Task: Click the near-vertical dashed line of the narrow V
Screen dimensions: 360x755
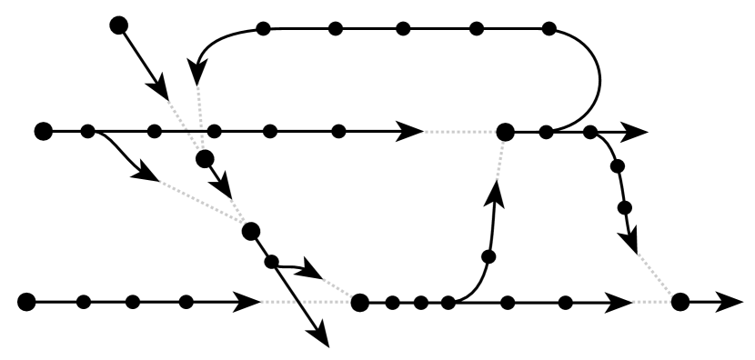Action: point(200,115)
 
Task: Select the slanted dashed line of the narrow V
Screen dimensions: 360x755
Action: point(182,124)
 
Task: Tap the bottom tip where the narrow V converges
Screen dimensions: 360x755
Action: point(201,150)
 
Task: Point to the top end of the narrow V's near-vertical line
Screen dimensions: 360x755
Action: point(198,83)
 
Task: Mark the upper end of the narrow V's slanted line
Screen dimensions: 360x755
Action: point(165,98)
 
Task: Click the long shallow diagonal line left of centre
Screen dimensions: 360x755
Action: point(201,201)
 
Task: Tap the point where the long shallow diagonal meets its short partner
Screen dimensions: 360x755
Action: point(246,223)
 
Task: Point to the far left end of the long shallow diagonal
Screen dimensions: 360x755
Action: point(158,181)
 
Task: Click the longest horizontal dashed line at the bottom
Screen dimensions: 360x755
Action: point(305,301)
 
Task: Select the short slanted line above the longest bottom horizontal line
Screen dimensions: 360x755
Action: point(336,287)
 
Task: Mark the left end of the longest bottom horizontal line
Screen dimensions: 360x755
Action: point(260,301)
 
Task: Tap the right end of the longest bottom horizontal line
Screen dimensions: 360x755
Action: point(350,301)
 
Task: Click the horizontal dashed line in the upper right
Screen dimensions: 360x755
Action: point(458,132)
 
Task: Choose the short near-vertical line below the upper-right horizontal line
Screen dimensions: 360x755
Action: point(499,161)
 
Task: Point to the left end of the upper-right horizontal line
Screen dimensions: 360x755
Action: point(420,132)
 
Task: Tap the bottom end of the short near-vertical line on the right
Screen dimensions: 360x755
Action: point(497,181)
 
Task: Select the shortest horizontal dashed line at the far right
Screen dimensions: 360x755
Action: point(649,301)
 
